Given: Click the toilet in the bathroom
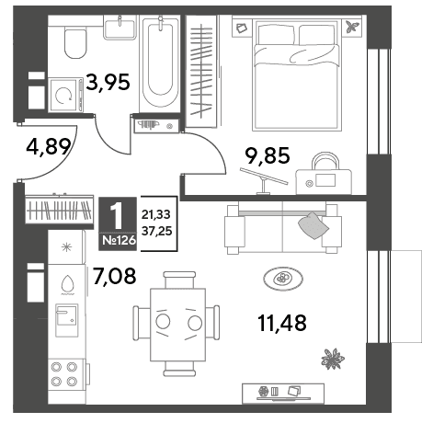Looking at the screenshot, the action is point(75,42).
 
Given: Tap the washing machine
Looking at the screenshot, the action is point(66,95).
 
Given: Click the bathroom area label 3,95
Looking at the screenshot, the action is point(108,82).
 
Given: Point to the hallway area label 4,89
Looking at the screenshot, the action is point(49,147).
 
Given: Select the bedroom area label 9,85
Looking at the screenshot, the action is point(268,155).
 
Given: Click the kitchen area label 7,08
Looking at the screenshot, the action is point(114,276).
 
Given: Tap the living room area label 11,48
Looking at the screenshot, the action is point(282,323).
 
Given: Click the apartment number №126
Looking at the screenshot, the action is point(119,240).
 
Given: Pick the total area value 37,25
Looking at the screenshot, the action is point(156,231).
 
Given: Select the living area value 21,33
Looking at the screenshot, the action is point(156,214).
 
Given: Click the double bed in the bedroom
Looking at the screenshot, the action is point(296,74).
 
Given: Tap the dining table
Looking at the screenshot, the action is point(177,325).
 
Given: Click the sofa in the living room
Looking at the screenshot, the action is point(283,228).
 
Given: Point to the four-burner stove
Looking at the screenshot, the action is point(65,374).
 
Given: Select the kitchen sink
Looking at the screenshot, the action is point(66,320).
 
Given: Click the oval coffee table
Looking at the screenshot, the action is point(283,279).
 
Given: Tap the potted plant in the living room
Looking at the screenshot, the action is point(333,359).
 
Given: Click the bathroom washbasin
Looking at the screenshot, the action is point(120,29).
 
